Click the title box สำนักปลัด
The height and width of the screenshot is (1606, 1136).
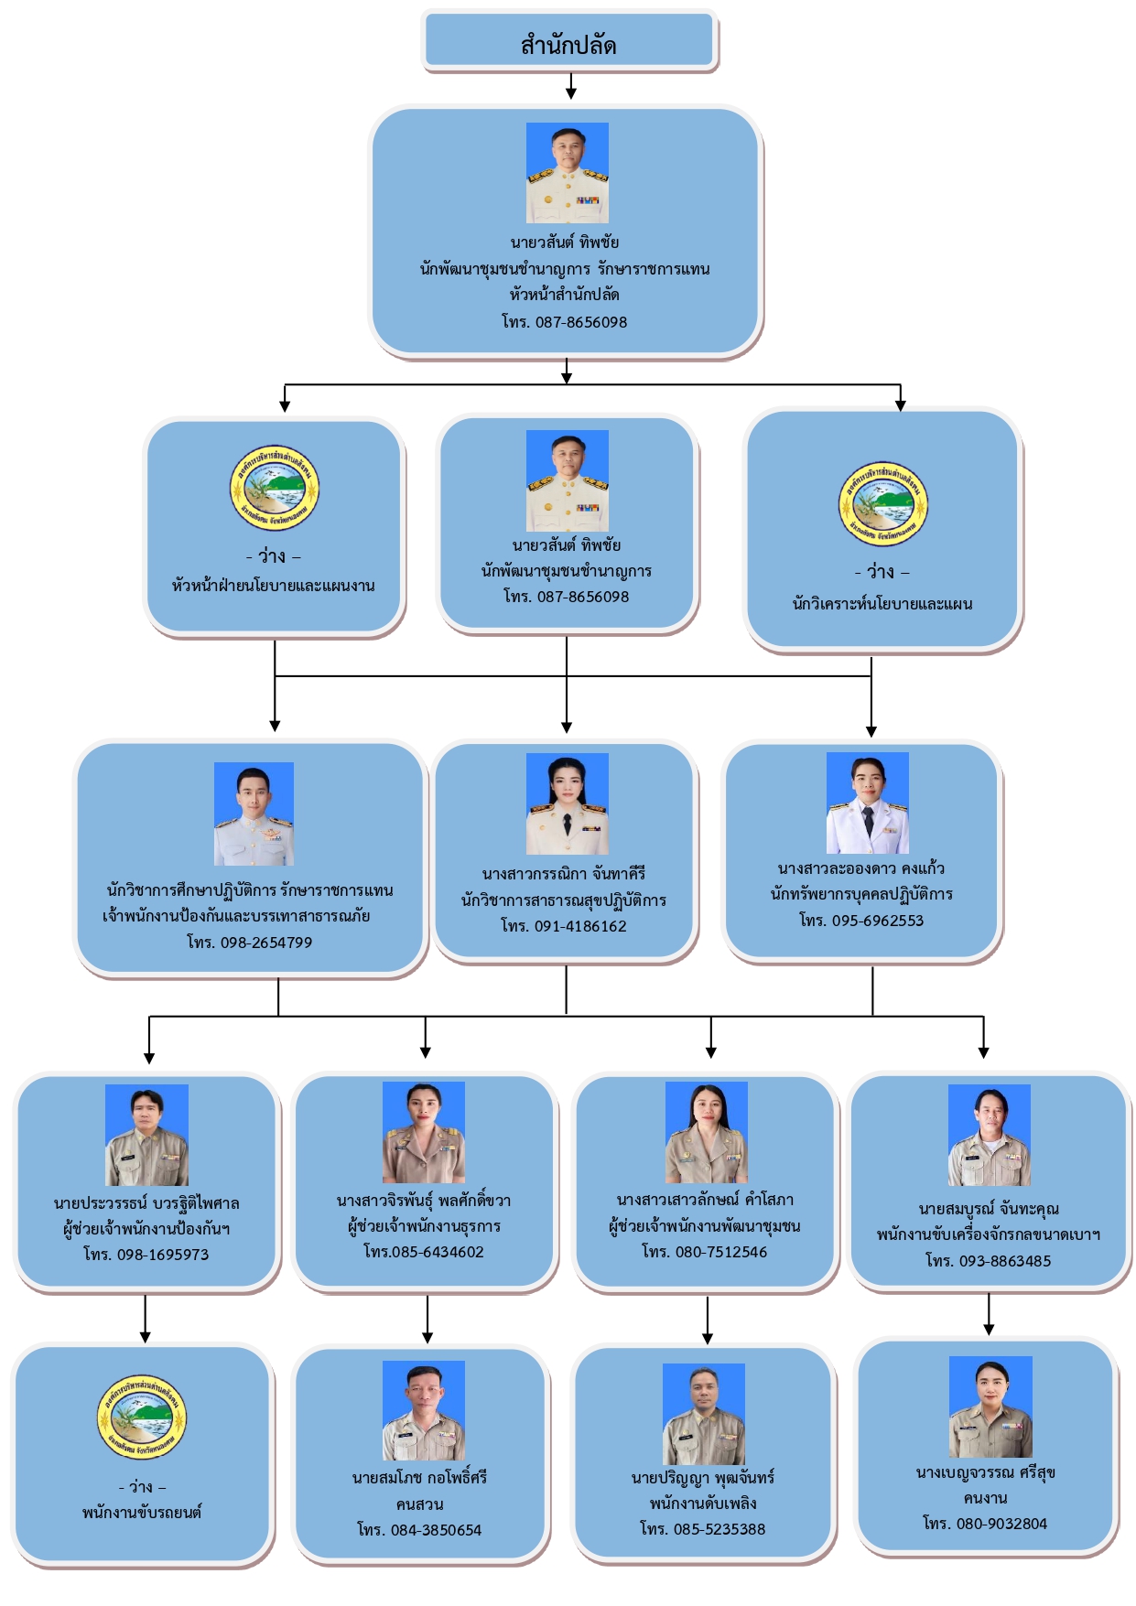(x=568, y=43)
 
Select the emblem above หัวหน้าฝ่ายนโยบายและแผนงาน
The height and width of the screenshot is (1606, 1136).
(x=274, y=489)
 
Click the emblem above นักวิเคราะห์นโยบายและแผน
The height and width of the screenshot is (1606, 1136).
(x=883, y=504)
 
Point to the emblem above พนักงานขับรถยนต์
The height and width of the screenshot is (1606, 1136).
(x=142, y=1417)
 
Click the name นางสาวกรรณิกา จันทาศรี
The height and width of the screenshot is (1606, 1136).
(x=564, y=874)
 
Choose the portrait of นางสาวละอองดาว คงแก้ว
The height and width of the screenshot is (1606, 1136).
(x=867, y=803)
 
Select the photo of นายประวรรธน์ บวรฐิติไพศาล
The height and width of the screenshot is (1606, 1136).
(x=146, y=1135)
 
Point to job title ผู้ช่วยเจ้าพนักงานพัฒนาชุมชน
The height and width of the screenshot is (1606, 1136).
(x=705, y=1225)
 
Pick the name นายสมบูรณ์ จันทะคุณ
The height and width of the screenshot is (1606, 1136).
(x=989, y=1209)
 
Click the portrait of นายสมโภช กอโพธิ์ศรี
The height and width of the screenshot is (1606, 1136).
(x=423, y=1410)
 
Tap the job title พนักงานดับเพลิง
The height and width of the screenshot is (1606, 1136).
(x=703, y=1504)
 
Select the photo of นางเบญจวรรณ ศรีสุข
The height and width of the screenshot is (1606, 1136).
(x=990, y=1407)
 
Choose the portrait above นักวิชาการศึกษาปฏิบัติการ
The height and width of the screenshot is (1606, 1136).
(x=254, y=814)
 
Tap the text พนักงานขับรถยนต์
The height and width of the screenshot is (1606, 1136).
(x=142, y=1513)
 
